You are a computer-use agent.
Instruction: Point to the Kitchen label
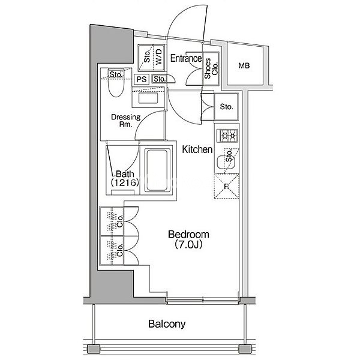[197, 149]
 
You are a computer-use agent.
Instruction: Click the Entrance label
[185, 58]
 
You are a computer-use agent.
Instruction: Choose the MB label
[244, 65]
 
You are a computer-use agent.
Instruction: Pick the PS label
[142, 79]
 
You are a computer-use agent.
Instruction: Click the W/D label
[160, 58]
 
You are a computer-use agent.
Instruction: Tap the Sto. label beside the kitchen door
[226, 107]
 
